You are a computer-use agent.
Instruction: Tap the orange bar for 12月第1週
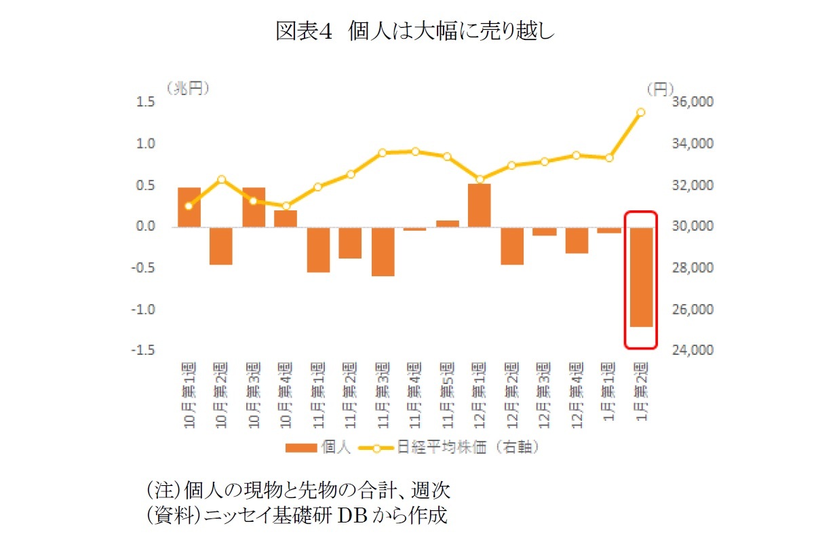(x=479, y=205)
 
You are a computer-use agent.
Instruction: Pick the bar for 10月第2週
(x=221, y=246)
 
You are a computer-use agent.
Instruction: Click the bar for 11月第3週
(x=383, y=251)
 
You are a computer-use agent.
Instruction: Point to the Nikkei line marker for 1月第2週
(x=640, y=113)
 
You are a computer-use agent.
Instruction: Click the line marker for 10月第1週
(x=189, y=206)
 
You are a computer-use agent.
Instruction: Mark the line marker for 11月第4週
(x=415, y=151)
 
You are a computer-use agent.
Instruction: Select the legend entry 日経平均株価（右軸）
(x=454, y=448)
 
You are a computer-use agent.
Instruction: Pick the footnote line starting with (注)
(x=298, y=490)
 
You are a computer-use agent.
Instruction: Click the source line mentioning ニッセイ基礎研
(x=298, y=516)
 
